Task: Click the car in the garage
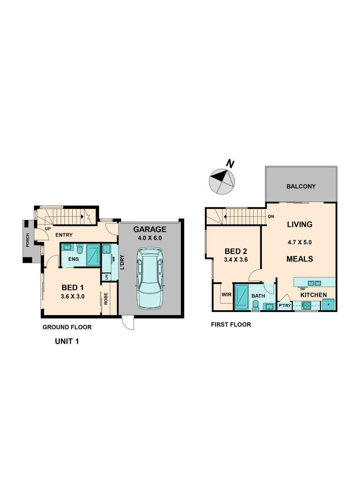click(150, 278)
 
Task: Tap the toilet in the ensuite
click(80, 249)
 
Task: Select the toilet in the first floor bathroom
click(255, 305)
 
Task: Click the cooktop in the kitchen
click(307, 306)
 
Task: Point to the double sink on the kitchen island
click(314, 283)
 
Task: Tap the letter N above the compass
click(230, 164)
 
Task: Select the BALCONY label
click(301, 186)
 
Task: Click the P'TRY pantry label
click(285, 306)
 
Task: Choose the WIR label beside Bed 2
click(226, 295)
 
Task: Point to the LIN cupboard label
click(106, 277)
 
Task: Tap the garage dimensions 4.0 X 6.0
click(150, 238)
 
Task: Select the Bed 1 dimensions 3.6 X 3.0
click(72, 297)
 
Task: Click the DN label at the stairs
click(271, 217)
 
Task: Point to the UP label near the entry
click(48, 228)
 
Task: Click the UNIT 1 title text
click(67, 341)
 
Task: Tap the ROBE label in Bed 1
click(105, 299)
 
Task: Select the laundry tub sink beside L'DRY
click(106, 249)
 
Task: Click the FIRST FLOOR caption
click(231, 324)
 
